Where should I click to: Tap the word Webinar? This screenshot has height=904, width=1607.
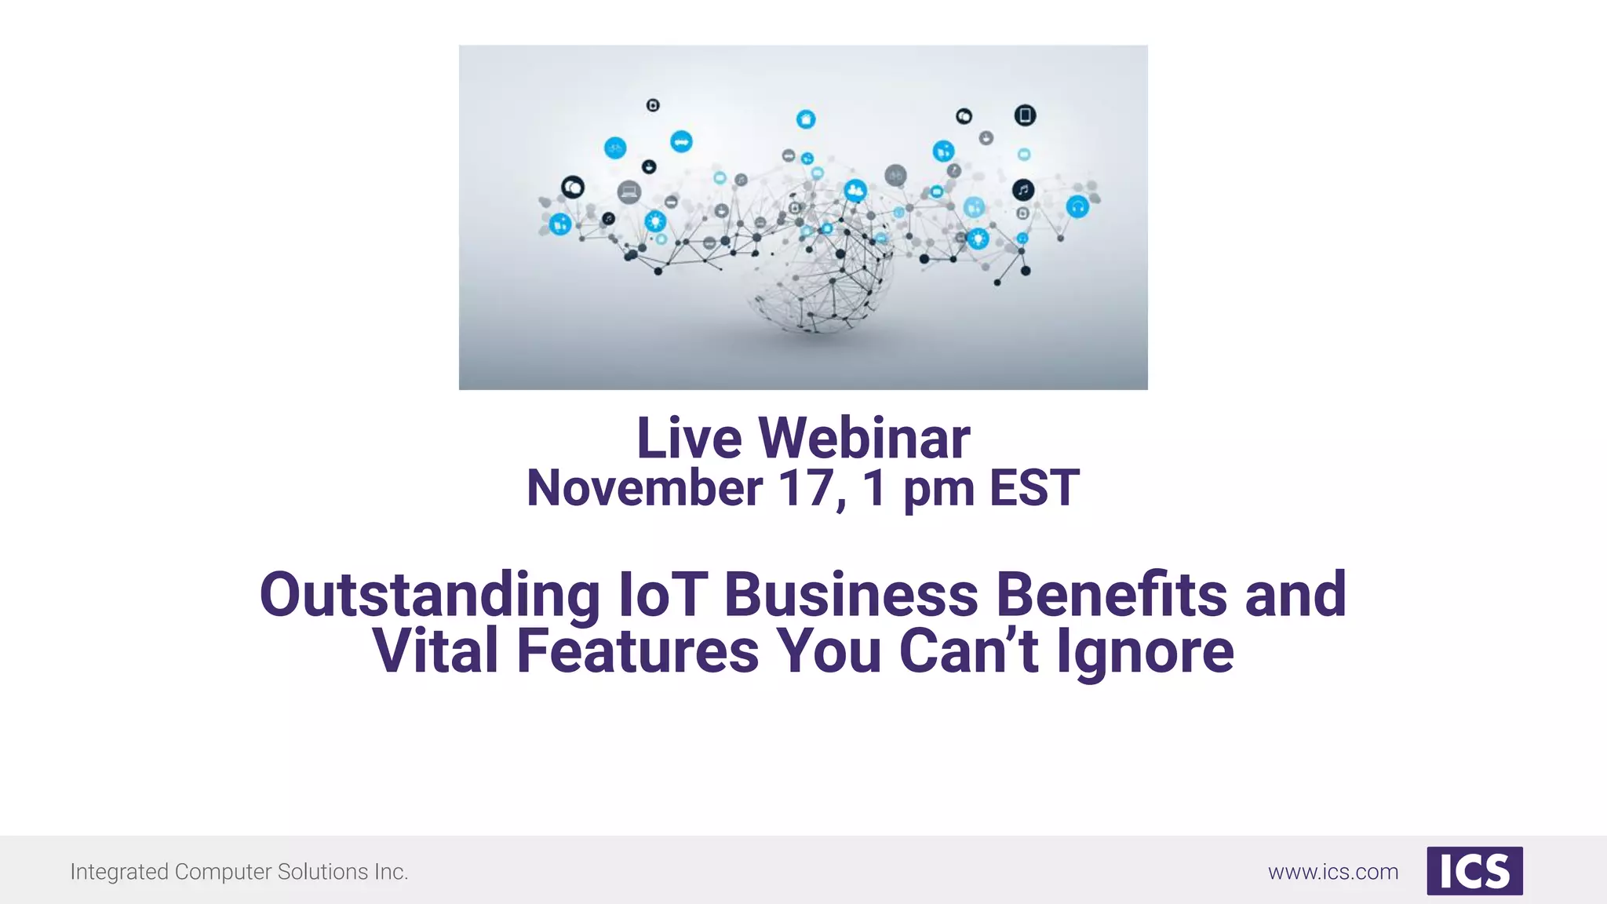click(864, 438)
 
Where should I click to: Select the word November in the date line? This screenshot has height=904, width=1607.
click(644, 488)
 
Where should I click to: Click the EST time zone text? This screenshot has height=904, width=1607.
click(1034, 488)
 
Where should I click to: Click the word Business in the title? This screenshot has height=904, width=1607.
click(851, 595)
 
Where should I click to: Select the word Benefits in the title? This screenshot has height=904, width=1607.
click(1111, 595)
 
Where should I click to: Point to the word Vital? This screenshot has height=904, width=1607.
click(435, 651)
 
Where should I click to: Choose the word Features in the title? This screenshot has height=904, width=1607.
click(638, 651)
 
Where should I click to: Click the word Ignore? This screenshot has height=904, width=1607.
click(1145, 651)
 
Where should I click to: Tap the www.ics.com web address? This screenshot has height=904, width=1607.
click(1333, 872)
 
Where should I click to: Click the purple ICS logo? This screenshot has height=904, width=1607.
click(1474, 871)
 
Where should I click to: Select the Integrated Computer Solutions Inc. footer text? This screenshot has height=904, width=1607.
click(239, 872)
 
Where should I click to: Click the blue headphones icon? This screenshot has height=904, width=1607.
click(1077, 207)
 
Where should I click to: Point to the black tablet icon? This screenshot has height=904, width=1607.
click(1025, 115)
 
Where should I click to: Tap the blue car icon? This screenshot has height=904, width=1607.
click(681, 141)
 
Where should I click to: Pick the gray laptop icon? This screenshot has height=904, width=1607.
click(629, 191)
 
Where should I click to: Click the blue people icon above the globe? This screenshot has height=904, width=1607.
click(855, 190)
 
